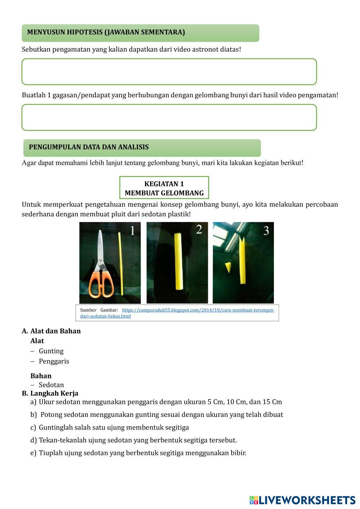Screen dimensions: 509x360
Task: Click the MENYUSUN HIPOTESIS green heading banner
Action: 140,33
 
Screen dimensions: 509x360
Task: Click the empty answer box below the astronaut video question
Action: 169,72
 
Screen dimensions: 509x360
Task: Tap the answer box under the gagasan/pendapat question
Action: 169,117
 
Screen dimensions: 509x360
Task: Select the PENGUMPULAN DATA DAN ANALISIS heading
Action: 142,148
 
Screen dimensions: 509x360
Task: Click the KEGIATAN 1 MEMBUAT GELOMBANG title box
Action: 164,188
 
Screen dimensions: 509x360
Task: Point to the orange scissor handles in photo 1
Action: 102,284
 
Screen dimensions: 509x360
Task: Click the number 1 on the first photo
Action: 132,230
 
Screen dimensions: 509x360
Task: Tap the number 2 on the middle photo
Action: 199,229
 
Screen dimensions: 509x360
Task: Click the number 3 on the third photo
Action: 266,230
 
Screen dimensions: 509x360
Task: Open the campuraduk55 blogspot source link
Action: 198,310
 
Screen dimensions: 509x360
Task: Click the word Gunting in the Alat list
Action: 51,351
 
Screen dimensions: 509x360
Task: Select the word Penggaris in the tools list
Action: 54,361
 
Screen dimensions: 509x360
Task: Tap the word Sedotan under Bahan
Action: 51,385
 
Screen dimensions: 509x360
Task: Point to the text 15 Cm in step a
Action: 272,402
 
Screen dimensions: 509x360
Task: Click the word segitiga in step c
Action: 177,427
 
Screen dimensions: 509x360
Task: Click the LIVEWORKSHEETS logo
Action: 302,500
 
